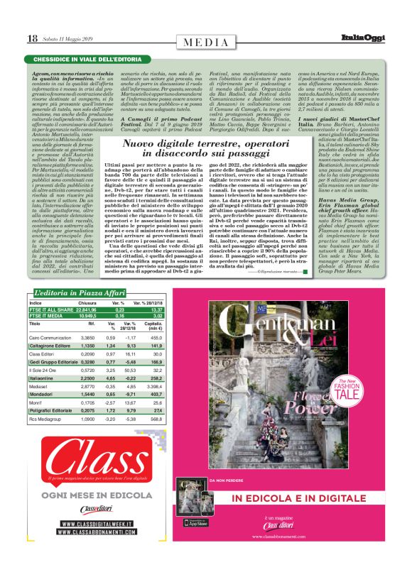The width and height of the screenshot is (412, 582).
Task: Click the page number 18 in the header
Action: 33,38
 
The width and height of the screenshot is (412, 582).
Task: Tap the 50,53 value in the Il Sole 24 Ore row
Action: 129,369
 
